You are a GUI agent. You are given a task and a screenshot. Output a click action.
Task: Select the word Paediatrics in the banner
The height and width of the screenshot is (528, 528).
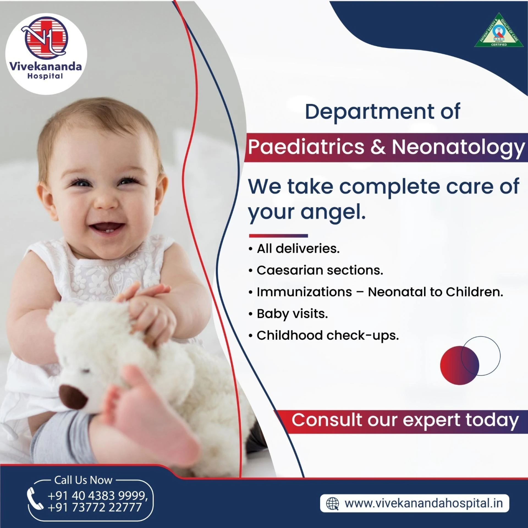click(306, 147)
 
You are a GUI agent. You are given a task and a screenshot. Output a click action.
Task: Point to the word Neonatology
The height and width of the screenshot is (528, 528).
click(458, 148)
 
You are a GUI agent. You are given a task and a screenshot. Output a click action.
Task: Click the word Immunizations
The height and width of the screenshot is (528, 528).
click(304, 292)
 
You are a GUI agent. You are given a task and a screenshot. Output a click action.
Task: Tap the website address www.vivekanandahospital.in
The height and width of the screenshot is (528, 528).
click(424, 504)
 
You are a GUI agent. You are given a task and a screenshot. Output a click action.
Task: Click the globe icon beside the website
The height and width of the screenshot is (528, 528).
click(332, 504)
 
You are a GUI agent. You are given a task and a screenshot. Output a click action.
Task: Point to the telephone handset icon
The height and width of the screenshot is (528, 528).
click(35, 498)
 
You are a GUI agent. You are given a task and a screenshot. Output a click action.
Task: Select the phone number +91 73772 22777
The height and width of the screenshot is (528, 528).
click(95, 507)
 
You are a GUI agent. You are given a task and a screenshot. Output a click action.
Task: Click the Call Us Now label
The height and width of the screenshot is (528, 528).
click(83, 480)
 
